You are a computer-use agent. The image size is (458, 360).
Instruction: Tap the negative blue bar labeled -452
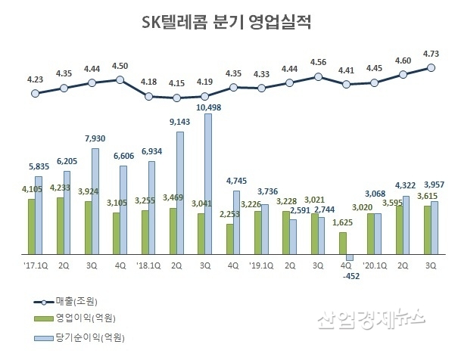[349, 257]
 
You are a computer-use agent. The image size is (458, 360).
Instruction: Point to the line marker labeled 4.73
[431, 67]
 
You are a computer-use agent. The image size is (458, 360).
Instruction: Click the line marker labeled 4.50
[120, 79]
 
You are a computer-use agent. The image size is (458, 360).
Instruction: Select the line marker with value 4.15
[176, 98]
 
